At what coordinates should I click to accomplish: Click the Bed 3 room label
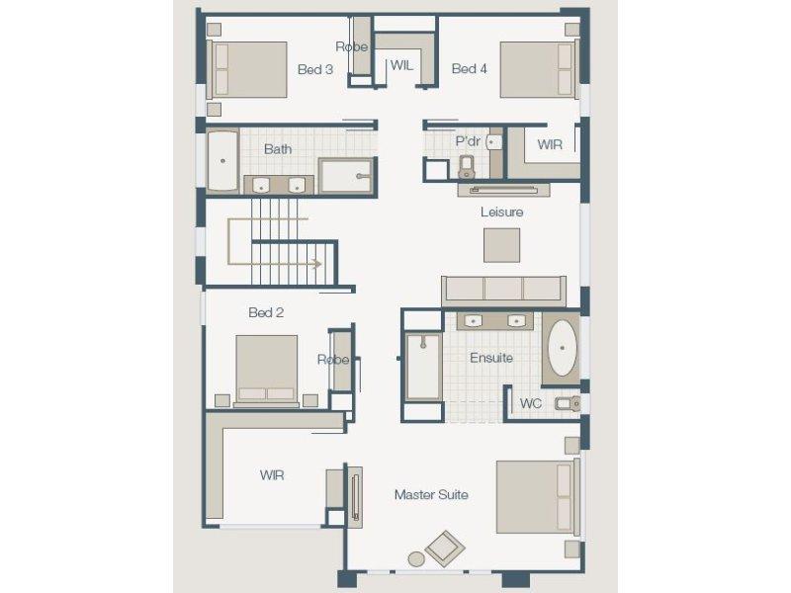click(x=315, y=69)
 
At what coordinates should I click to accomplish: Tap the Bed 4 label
click(x=469, y=68)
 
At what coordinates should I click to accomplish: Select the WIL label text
click(x=401, y=65)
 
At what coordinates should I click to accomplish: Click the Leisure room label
click(x=501, y=212)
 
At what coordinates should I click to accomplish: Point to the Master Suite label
click(x=431, y=495)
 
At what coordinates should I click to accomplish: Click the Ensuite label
click(x=491, y=358)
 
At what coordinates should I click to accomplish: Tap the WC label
click(x=531, y=403)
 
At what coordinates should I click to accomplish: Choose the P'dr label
click(x=468, y=141)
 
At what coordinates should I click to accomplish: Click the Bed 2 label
click(x=266, y=312)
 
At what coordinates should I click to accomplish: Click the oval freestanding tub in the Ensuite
click(x=562, y=348)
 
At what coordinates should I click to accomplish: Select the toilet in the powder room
click(x=467, y=167)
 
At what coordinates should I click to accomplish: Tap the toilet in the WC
click(x=568, y=403)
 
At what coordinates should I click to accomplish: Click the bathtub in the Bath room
click(x=222, y=161)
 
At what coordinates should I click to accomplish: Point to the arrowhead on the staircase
click(x=317, y=264)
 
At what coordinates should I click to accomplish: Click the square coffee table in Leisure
click(x=502, y=245)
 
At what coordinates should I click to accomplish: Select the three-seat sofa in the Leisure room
click(x=503, y=291)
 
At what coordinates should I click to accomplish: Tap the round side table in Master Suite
click(x=416, y=558)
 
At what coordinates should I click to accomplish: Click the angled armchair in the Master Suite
click(x=445, y=548)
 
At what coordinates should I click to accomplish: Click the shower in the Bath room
click(x=346, y=176)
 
